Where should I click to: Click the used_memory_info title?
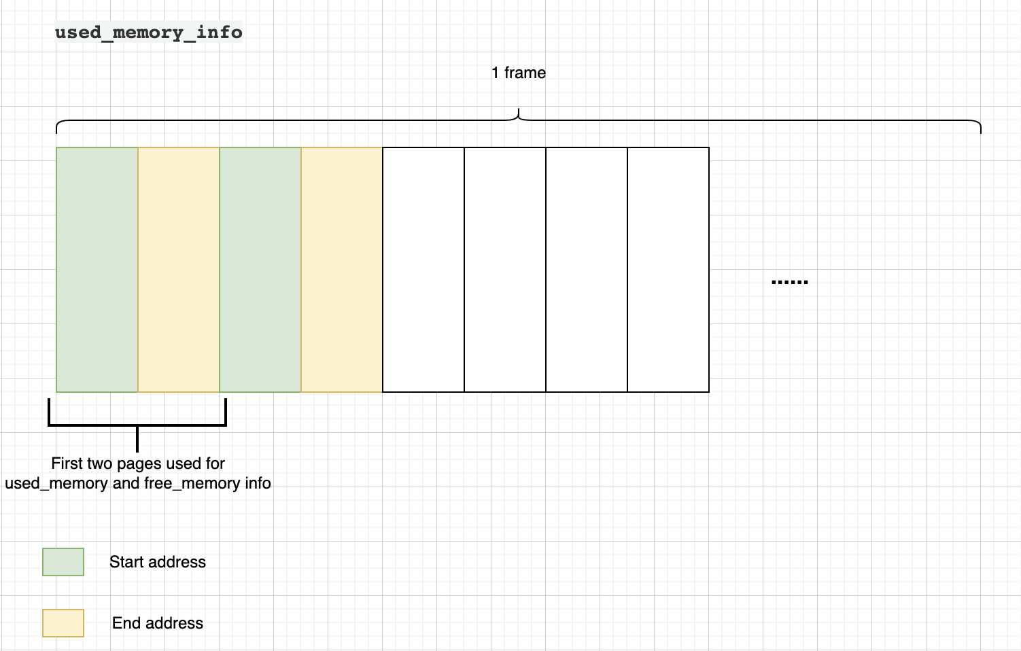coord(148,32)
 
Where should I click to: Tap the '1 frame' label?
coord(518,73)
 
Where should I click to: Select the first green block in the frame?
coord(97,270)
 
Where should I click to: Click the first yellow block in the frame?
coord(179,270)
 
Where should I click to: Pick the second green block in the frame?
coord(260,270)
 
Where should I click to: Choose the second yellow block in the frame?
coord(342,270)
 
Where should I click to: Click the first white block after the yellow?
coord(423,270)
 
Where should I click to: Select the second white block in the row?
coord(505,270)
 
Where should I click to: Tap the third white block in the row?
coord(587,270)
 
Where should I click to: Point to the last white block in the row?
coord(668,270)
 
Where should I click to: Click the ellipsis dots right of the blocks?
coord(790,281)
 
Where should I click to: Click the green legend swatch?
coord(63,562)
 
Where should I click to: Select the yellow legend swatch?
coord(63,623)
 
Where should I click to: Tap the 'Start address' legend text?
coord(158,562)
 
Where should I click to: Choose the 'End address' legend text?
coord(158,623)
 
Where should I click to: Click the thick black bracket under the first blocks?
coord(137,425)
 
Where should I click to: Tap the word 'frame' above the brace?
coord(525,73)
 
